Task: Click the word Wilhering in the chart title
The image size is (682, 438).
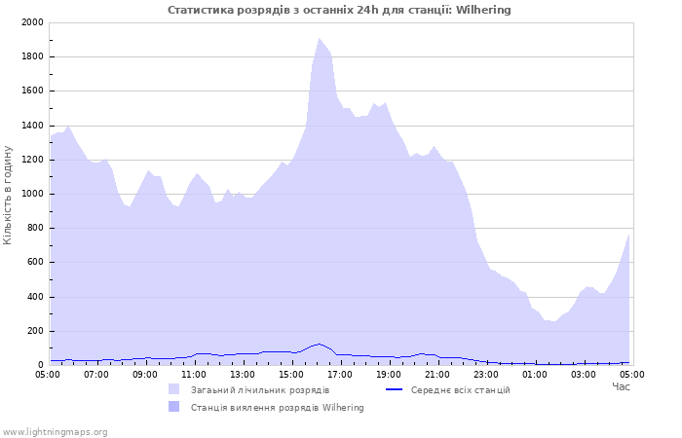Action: click(x=483, y=10)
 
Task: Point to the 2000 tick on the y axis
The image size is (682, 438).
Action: click(x=32, y=22)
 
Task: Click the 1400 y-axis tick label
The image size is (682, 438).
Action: click(x=32, y=126)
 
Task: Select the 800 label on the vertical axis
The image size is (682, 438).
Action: click(x=35, y=228)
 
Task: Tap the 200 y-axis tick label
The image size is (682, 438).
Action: click(x=35, y=331)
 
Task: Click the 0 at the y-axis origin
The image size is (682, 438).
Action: click(x=41, y=365)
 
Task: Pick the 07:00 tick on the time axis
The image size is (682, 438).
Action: click(x=96, y=375)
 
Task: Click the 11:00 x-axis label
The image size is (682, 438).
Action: click(x=194, y=375)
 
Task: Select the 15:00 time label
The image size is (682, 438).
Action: click(x=291, y=375)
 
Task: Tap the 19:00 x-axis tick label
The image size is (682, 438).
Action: click(x=389, y=375)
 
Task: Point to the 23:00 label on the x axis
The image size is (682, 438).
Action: click(x=486, y=375)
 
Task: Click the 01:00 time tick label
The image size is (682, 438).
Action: click(x=535, y=375)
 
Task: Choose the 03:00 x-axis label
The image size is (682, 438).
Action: click(x=584, y=375)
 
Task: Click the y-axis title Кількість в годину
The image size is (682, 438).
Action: click(x=8, y=195)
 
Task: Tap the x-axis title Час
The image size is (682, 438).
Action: click(x=621, y=386)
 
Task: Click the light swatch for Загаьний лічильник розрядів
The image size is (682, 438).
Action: click(x=174, y=389)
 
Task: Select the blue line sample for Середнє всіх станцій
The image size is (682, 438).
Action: click(x=394, y=389)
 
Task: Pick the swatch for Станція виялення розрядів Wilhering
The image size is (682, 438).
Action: click(x=174, y=407)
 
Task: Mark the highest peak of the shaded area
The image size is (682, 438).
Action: click(x=319, y=38)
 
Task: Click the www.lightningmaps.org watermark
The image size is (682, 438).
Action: click(x=55, y=432)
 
